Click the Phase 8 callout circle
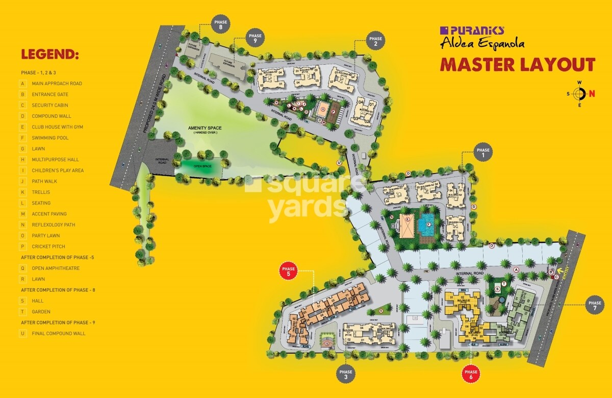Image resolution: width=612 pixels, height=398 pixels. coord(221,25)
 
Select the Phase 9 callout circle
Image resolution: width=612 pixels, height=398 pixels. coord(255,39)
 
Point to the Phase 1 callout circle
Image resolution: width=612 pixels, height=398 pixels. coord(482,153)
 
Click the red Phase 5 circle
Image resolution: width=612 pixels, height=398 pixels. coord(289,271)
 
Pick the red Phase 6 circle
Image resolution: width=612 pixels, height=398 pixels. coord(471,375)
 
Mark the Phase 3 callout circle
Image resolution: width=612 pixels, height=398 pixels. coord(346,375)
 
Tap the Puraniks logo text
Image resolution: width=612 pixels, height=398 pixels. coord(472,30)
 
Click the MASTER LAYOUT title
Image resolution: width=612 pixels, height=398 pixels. coord(518,65)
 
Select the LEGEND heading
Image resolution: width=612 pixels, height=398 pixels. coord(49,55)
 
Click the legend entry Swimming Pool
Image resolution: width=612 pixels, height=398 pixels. coord(50,138)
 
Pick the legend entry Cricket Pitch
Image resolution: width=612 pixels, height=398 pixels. coord(49,246)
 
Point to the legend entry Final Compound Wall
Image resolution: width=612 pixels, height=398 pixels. coord(58,333)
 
